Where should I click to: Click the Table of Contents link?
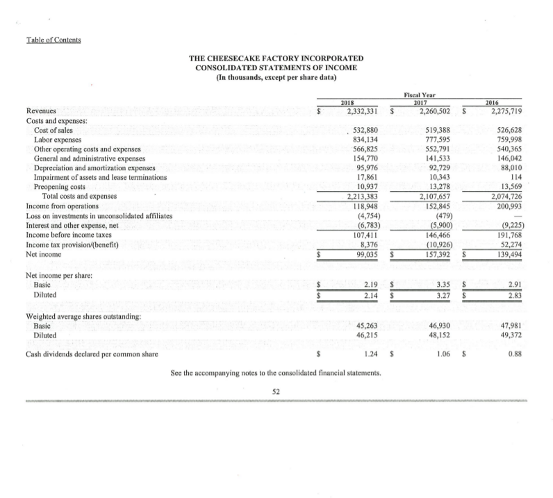51,39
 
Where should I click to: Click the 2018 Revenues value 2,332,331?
356,110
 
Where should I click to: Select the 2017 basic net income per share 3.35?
440,265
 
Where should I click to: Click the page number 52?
276,392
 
